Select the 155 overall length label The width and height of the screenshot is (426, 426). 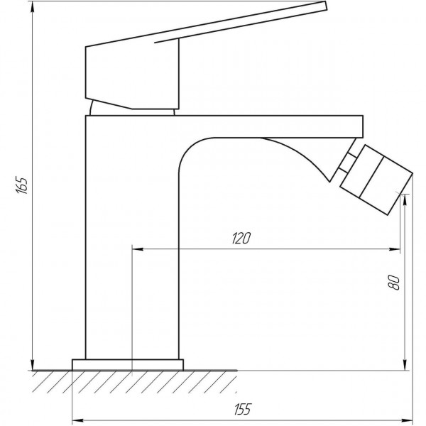point(241,408)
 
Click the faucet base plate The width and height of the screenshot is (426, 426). point(128,365)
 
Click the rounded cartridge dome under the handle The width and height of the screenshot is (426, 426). point(133,108)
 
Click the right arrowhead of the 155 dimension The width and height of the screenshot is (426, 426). point(407,417)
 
